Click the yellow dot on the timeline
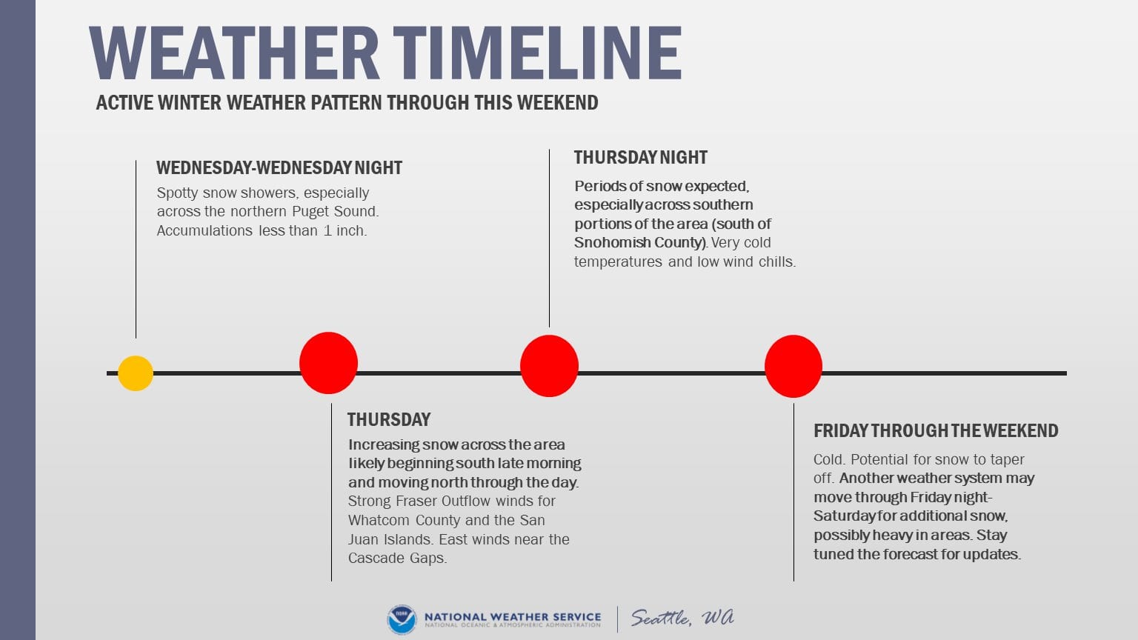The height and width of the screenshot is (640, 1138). [x=136, y=373]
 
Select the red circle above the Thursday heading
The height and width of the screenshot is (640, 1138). [x=329, y=363]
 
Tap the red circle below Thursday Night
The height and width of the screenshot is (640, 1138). [x=549, y=366]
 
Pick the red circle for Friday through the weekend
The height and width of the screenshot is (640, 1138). [x=793, y=366]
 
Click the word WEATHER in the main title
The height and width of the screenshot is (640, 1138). [x=234, y=53]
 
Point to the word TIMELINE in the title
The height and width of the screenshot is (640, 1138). [x=537, y=53]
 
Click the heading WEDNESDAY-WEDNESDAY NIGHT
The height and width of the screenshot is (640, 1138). [x=279, y=167]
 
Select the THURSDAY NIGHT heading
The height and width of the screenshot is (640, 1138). [x=641, y=158]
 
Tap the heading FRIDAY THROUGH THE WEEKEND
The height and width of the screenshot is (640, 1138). [x=936, y=430]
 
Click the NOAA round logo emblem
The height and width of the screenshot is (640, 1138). [x=402, y=619]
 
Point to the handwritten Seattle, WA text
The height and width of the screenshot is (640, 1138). [x=682, y=618]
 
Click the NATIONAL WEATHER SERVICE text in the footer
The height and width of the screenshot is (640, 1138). [x=513, y=616]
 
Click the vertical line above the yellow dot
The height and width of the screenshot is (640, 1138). [x=136, y=249]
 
